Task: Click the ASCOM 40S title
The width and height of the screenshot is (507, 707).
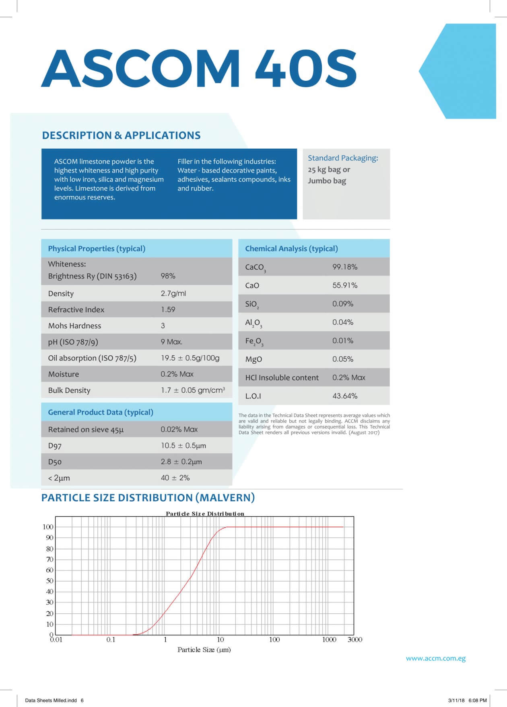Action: [x=199, y=69]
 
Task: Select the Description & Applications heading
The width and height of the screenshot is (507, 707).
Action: [x=121, y=135]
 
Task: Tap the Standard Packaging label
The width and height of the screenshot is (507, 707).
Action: [x=343, y=158]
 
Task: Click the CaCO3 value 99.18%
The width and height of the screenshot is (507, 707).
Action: [x=344, y=267]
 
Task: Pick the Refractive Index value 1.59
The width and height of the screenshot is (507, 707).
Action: [x=168, y=309]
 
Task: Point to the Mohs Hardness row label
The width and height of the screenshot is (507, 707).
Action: [x=74, y=326]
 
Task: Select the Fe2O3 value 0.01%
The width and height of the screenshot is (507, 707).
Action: [x=342, y=341]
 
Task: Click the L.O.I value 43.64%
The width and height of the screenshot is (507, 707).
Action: [x=344, y=396]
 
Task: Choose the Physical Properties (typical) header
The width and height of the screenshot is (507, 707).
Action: [x=97, y=248]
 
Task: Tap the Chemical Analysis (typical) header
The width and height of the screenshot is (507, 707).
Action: [x=291, y=248]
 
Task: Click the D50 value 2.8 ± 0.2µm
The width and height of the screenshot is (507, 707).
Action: [x=181, y=462]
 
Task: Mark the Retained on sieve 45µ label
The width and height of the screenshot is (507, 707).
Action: [x=86, y=429]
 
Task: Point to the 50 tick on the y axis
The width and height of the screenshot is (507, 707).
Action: [x=49, y=581]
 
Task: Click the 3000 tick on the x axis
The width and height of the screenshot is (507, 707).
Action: [x=354, y=639]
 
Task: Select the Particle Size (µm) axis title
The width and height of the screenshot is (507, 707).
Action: [x=204, y=650]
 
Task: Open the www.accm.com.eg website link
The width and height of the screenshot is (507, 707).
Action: [x=435, y=658]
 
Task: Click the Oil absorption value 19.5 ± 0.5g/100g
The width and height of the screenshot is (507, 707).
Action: [x=190, y=358]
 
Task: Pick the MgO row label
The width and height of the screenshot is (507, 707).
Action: [x=253, y=359]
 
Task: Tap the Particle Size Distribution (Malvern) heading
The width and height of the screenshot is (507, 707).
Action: [x=148, y=498]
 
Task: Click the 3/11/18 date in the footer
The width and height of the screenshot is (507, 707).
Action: [x=456, y=700]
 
